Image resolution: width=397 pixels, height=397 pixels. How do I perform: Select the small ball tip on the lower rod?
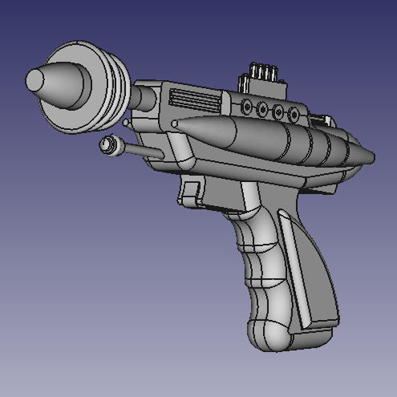105,144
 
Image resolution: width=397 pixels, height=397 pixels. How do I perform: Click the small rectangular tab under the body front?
189,193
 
